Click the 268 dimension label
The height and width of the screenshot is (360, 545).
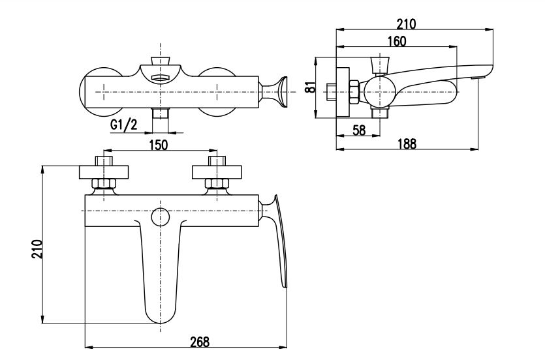coord(200,342)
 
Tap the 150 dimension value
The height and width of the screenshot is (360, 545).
coord(159,144)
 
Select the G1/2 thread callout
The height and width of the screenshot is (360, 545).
coord(124,125)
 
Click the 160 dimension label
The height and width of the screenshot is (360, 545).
coord(397,41)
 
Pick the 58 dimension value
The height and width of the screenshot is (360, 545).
coord(359,130)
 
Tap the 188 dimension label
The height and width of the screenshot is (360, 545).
coord(407,143)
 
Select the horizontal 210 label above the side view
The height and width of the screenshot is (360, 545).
coord(407,24)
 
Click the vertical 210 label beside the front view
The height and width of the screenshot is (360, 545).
coord(37,248)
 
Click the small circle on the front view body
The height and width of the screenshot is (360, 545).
coord(160,217)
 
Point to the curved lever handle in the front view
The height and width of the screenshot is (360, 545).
coord(277,239)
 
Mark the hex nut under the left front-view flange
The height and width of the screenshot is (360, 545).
coord(104,184)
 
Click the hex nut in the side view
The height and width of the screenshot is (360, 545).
coord(354,92)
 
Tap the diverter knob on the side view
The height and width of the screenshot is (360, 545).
coord(379,65)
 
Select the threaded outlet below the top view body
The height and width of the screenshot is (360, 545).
coord(160,113)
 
